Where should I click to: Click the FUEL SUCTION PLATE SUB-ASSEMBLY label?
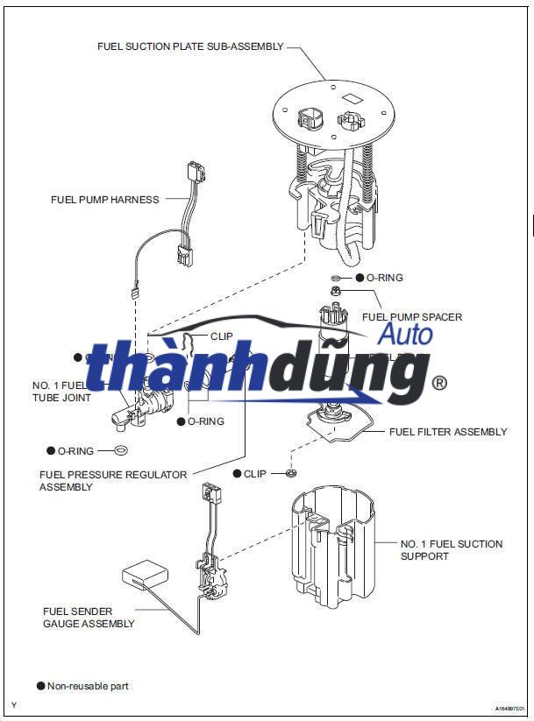click(x=190, y=46)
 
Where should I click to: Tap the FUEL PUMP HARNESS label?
click(x=105, y=200)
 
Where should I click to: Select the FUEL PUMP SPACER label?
click(x=412, y=317)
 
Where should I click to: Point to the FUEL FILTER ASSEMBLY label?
click(x=448, y=432)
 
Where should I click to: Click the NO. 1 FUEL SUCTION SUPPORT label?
click(x=451, y=550)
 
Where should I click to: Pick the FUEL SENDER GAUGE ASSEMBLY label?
click(x=89, y=618)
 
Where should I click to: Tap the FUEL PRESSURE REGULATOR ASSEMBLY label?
click(x=113, y=480)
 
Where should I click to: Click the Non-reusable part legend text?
click(x=88, y=686)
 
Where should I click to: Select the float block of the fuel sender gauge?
click(x=145, y=576)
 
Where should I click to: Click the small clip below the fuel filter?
click(x=291, y=474)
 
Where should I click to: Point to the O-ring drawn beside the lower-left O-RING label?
click(x=122, y=451)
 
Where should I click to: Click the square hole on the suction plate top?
click(x=352, y=98)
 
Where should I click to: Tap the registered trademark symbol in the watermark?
click(x=440, y=383)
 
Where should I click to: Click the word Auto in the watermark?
click(x=404, y=333)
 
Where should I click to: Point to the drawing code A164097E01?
click(x=509, y=708)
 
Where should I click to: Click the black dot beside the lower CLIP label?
click(x=237, y=474)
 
